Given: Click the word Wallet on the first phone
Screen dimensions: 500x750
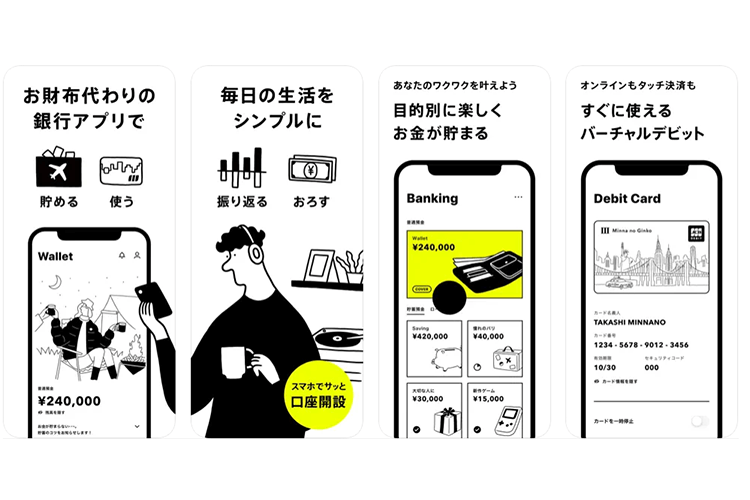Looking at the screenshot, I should (55, 257).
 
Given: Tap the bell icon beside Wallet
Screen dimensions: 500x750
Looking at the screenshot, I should (122, 256).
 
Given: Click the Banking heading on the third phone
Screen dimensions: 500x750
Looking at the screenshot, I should (432, 198).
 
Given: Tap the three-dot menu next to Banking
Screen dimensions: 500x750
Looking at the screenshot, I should (517, 198).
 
